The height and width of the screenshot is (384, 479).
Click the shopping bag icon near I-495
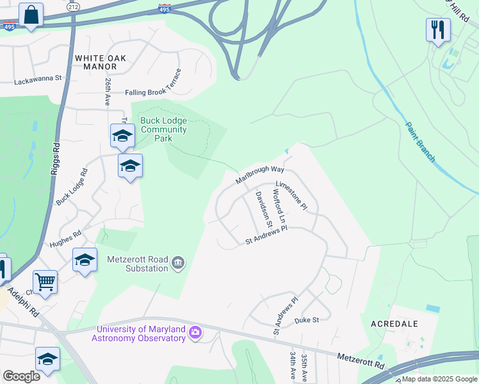click(x=31, y=15)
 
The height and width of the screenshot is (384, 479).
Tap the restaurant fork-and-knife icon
click(x=438, y=29)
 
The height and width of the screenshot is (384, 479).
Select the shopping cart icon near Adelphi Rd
click(x=45, y=282)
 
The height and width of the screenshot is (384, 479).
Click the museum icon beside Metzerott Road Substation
click(x=178, y=261)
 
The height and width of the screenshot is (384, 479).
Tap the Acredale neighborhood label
click(x=395, y=324)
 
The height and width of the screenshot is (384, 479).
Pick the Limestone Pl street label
click(x=291, y=195)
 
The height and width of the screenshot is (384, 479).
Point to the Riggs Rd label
click(x=56, y=156)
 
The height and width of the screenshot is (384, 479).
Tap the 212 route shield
click(x=74, y=7)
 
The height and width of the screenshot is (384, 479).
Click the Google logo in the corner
click(x=21, y=376)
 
